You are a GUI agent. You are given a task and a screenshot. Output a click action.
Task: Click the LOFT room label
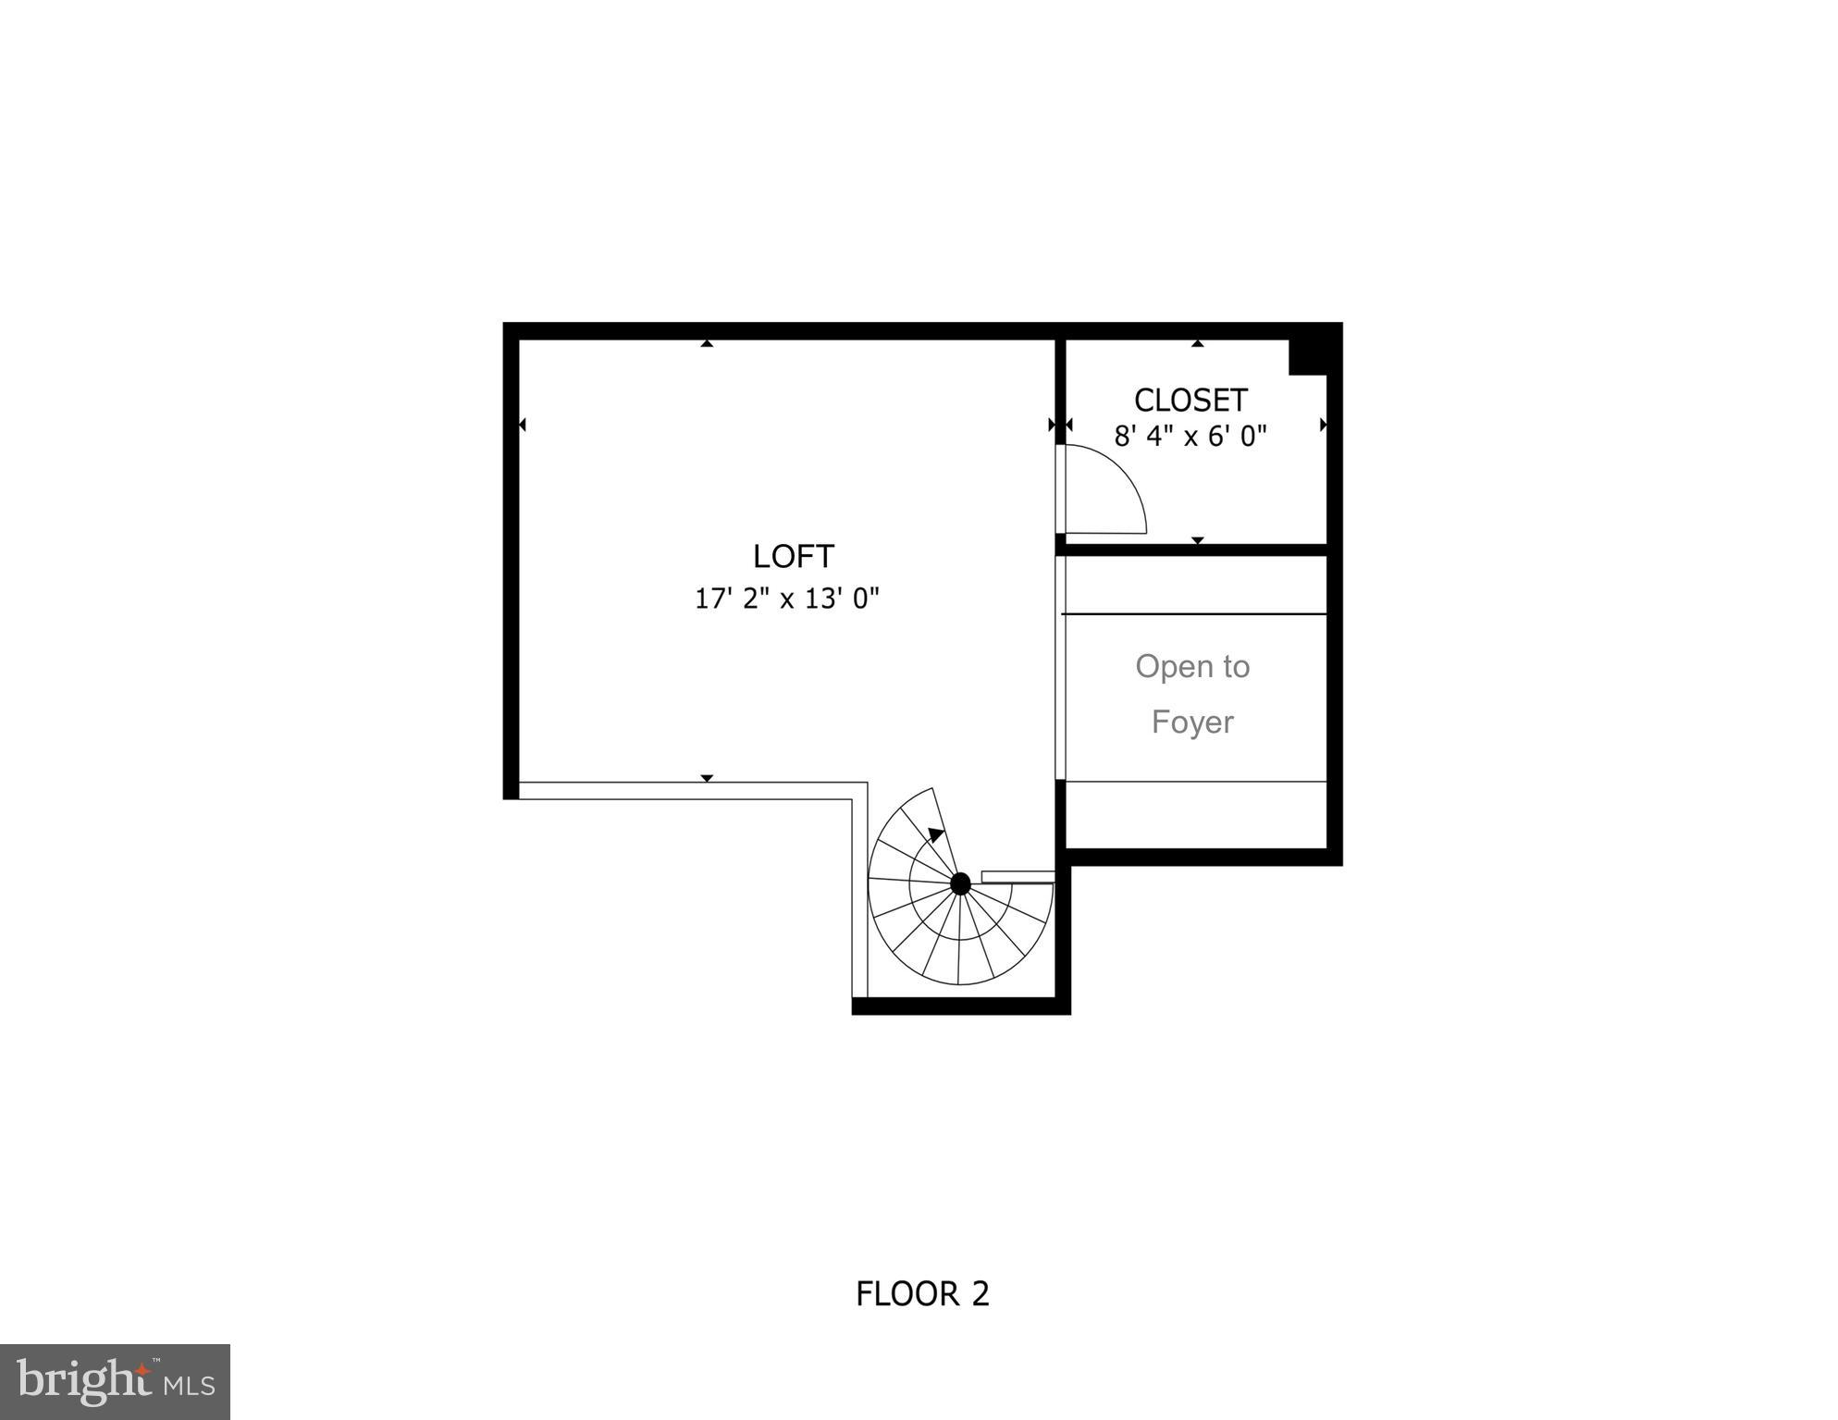click(x=793, y=556)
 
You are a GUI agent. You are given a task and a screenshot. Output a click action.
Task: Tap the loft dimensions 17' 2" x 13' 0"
click(x=786, y=599)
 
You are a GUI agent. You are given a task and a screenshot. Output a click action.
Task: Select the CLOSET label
click(x=1190, y=400)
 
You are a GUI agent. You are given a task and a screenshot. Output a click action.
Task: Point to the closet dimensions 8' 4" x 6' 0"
click(x=1190, y=436)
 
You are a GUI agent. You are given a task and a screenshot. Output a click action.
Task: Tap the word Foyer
click(x=1191, y=722)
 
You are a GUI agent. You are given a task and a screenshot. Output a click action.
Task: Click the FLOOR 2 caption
click(x=922, y=1293)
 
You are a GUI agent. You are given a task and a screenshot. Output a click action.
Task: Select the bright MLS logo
click(x=115, y=1381)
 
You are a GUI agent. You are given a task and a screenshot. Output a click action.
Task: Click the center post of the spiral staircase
click(x=960, y=883)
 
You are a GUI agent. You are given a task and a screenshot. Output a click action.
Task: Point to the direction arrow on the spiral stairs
click(x=936, y=834)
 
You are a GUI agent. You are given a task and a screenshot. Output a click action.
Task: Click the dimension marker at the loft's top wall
click(x=707, y=344)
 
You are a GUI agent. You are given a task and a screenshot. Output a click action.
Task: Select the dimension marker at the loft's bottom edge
click(x=707, y=778)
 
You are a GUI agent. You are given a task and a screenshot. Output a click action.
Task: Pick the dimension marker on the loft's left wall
click(x=523, y=425)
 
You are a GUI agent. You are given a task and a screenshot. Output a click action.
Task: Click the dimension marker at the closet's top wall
click(x=1197, y=344)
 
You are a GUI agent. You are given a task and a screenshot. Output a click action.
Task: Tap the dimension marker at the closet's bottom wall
click(x=1197, y=539)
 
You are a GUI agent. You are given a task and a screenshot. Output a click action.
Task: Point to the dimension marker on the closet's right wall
click(x=1323, y=425)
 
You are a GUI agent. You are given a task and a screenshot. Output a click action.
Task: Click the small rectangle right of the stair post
click(x=1017, y=876)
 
